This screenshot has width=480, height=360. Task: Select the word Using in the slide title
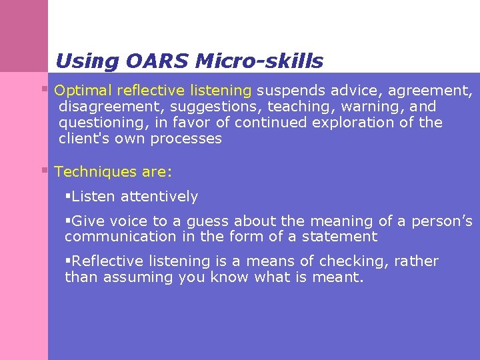point(85,61)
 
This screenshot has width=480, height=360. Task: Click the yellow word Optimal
point(82,90)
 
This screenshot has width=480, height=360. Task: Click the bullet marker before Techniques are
point(45,171)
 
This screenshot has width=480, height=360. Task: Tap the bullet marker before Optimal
point(45,89)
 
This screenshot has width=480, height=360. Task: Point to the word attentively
point(159,197)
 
